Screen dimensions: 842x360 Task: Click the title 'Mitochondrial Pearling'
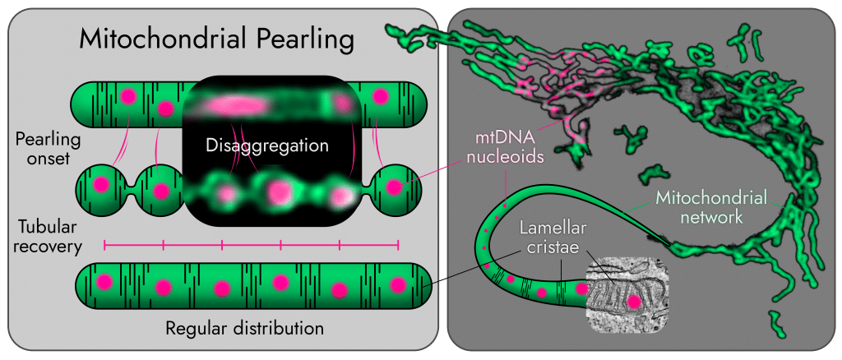[x=216, y=41]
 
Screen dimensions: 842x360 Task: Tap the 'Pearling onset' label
[x=49, y=150]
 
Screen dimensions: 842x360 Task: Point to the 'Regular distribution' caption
[x=245, y=327]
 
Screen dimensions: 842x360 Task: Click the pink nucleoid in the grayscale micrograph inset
[x=635, y=302]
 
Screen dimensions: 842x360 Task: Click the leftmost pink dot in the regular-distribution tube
[x=104, y=282]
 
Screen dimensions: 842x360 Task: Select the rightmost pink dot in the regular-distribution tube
[x=398, y=284]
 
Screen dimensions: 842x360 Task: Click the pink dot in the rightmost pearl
[x=394, y=187]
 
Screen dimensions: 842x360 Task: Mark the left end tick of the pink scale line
[x=104, y=246]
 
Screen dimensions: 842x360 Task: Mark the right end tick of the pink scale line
[x=398, y=246]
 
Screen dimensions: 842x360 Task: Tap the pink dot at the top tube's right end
[x=380, y=96]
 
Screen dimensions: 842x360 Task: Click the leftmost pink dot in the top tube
[x=127, y=96]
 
